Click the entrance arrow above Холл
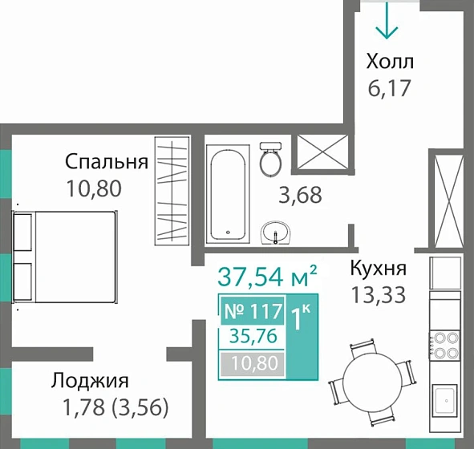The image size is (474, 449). pyautogui.click(x=387, y=21)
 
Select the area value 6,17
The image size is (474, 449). pyautogui.click(x=388, y=87)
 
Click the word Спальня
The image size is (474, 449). pyautogui.click(x=107, y=163)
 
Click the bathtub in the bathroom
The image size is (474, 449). pyautogui.click(x=229, y=194)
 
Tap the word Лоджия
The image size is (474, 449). pyautogui.click(x=90, y=379)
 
